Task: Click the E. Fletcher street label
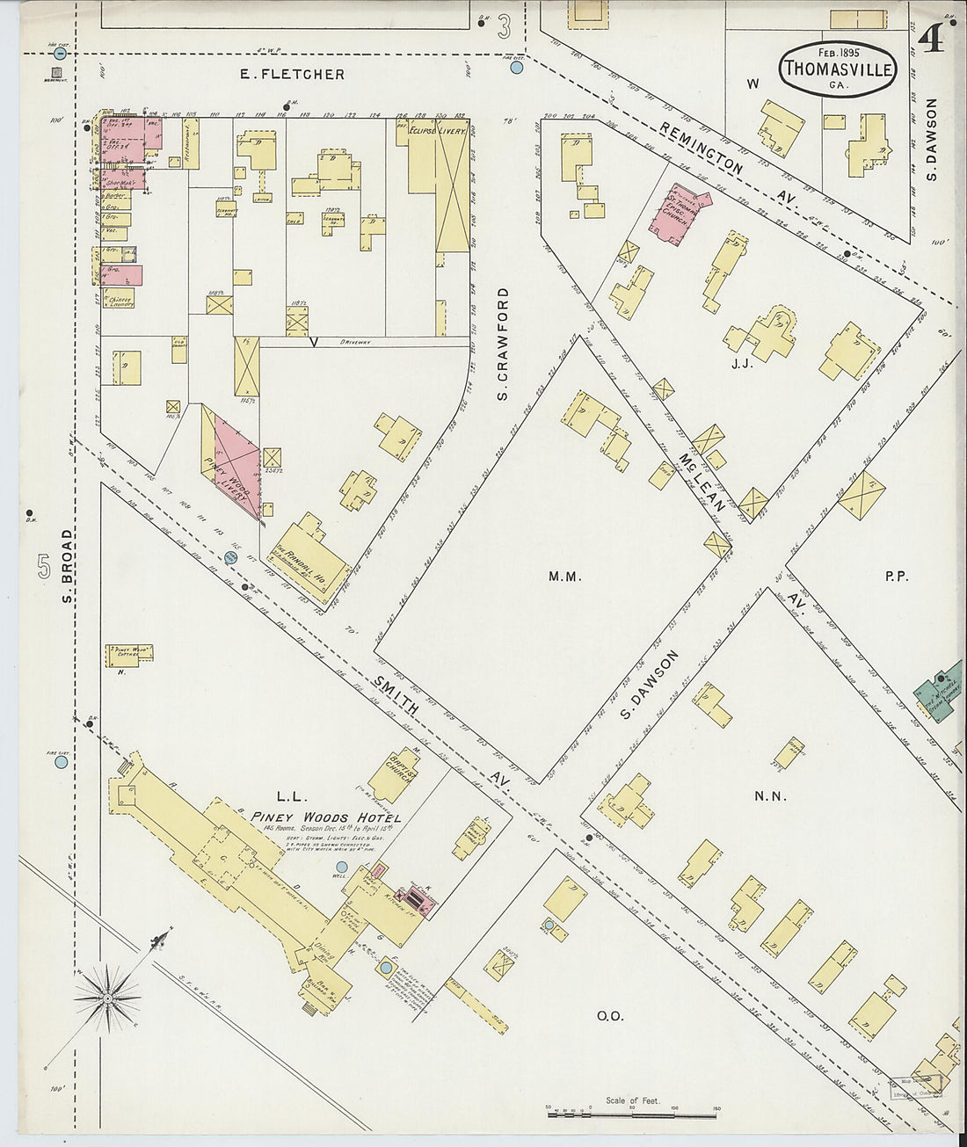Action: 293,75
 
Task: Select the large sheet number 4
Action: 930,39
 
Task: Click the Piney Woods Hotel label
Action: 325,818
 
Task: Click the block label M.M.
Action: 561,577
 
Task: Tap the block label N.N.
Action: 769,797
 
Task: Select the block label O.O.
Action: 610,1016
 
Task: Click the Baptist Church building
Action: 394,773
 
